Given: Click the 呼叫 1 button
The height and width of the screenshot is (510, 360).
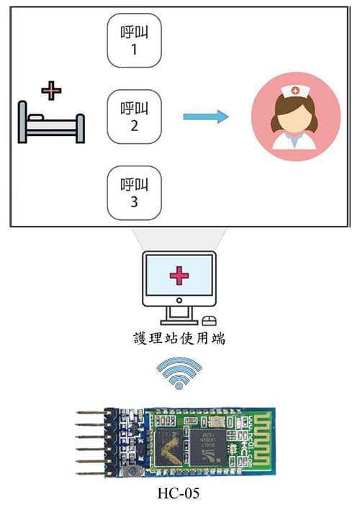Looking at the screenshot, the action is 134,40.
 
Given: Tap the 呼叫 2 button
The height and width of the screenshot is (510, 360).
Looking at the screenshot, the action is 134,117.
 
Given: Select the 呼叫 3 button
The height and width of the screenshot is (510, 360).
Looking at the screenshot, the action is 134,193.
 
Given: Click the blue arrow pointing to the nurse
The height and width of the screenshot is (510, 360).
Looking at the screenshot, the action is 206,117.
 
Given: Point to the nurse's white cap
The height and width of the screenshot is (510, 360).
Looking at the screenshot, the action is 295,91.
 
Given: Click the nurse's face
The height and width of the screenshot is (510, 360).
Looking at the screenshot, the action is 295,116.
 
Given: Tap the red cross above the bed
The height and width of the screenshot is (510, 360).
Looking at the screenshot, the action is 51,91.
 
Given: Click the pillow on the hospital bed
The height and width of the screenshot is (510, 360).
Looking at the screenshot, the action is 36,117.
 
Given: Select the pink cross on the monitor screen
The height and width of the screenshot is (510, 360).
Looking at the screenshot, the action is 179,276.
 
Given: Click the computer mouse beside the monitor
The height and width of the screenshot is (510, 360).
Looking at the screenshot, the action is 209,321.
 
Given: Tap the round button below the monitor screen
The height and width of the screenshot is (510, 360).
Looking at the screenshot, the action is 179,300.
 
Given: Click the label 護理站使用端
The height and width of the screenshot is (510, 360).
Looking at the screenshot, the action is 179,338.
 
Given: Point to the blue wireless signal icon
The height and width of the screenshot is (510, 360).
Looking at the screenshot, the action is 179,373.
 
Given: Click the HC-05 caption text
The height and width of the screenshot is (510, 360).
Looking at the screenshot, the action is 179,493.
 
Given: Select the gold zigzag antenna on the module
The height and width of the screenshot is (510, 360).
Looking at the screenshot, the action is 262,439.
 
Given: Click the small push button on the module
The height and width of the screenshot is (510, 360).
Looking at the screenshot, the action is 132,470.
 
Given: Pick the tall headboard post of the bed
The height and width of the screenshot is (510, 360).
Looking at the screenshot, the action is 22,122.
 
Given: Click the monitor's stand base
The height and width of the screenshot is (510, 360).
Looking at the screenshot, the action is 179,322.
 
